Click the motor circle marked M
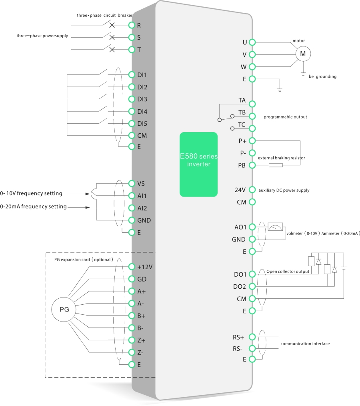click(303, 54)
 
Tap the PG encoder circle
click(64, 310)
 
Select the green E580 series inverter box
click(198, 164)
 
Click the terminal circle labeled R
click(131, 25)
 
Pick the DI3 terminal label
click(142, 99)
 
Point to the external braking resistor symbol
click(276, 165)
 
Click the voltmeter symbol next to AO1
click(275, 227)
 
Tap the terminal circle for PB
click(252, 165)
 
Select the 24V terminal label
click(240, 190)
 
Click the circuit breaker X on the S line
click(112, 38)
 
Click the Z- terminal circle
click(131, 352)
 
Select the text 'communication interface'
click(305, 344)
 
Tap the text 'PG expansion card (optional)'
click(84, 259)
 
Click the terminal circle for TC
click(252, 129)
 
